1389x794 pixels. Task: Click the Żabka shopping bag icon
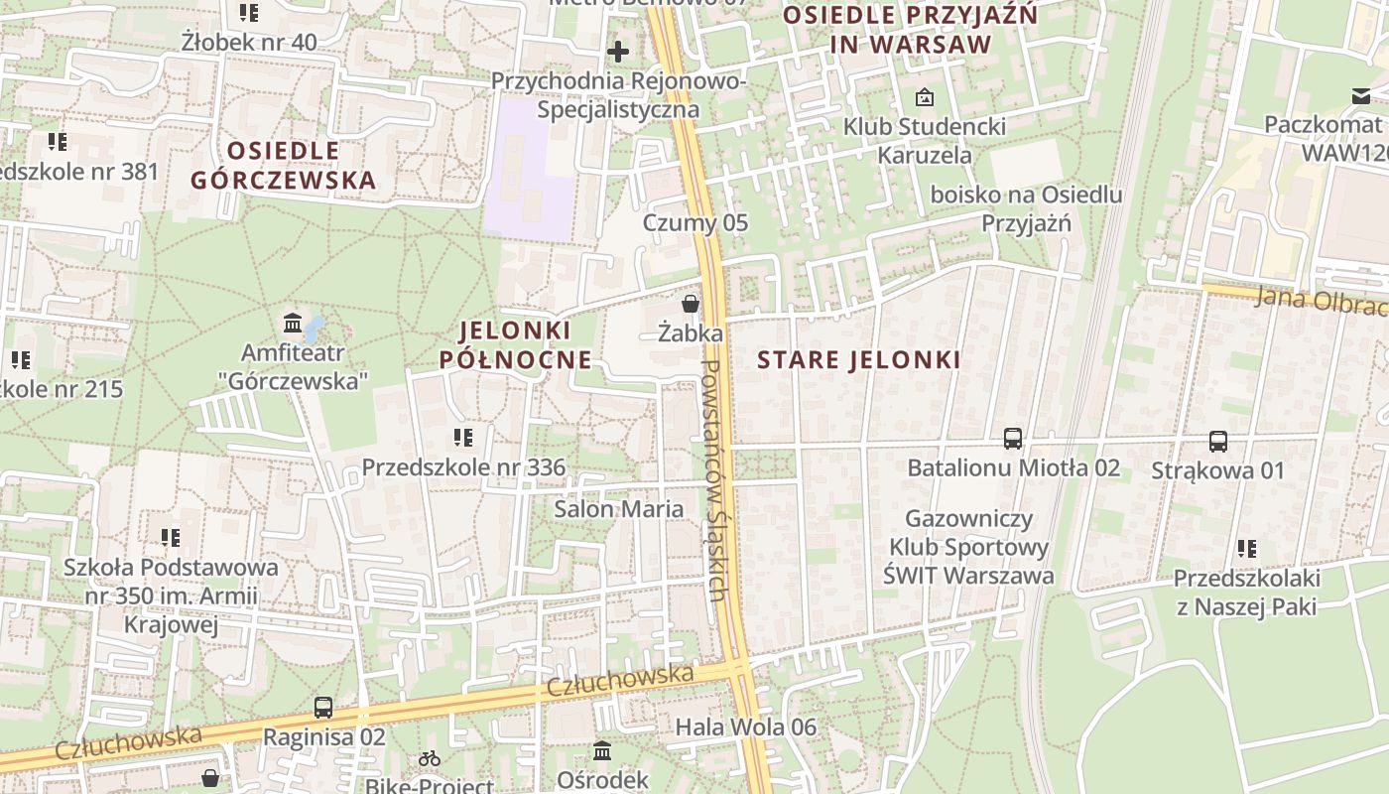pyautogui.click(x=690, y=304)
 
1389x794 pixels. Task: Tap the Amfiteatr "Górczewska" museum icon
pyautogui.click(x=293, y=324)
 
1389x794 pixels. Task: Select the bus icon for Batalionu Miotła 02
pyautogui.click(x=1013, y=439)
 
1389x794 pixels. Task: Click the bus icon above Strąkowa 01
pyautogui.click(x=1218, y=442)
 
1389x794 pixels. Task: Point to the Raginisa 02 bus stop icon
pyautogui.click(x=323, y=708)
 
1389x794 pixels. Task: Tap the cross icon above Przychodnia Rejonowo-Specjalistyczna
pyautogui.click(x=618, y=51)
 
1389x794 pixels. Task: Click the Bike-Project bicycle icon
pyautogui.click(x=430, y=759)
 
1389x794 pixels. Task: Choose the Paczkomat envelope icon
pyautogui.click(x=1359, y=96)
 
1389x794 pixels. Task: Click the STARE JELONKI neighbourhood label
pyautogui.click(x=859, y=359)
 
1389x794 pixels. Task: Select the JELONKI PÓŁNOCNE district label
pyautogui.click(x=516, y=344)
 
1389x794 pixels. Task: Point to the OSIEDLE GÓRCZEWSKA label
pyautogui.click(x=284, y=165)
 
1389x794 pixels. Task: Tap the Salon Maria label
pyautogui.click(x=619, y=509)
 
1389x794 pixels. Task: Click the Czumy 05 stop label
pyautogui.click(x=695, y=222)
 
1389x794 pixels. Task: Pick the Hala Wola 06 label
pyautogui.click(x=746, y=728)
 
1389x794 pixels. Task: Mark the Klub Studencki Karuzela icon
pyautogui.click(x=925, y=97)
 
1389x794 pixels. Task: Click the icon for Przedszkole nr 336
pyautogui.click(x=462, y=437)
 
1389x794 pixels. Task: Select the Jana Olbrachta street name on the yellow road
pyautogui.click(x=1320, y=302)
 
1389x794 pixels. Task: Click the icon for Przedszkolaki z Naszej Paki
pyautogui.click(x=1247, y=549)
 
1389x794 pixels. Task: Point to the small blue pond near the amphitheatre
pyautogui.click(x=314, y=327)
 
